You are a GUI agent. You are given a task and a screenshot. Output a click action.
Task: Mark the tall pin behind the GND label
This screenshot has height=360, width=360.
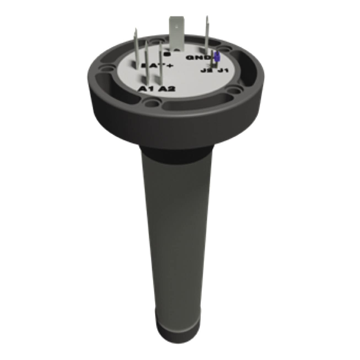207,33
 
